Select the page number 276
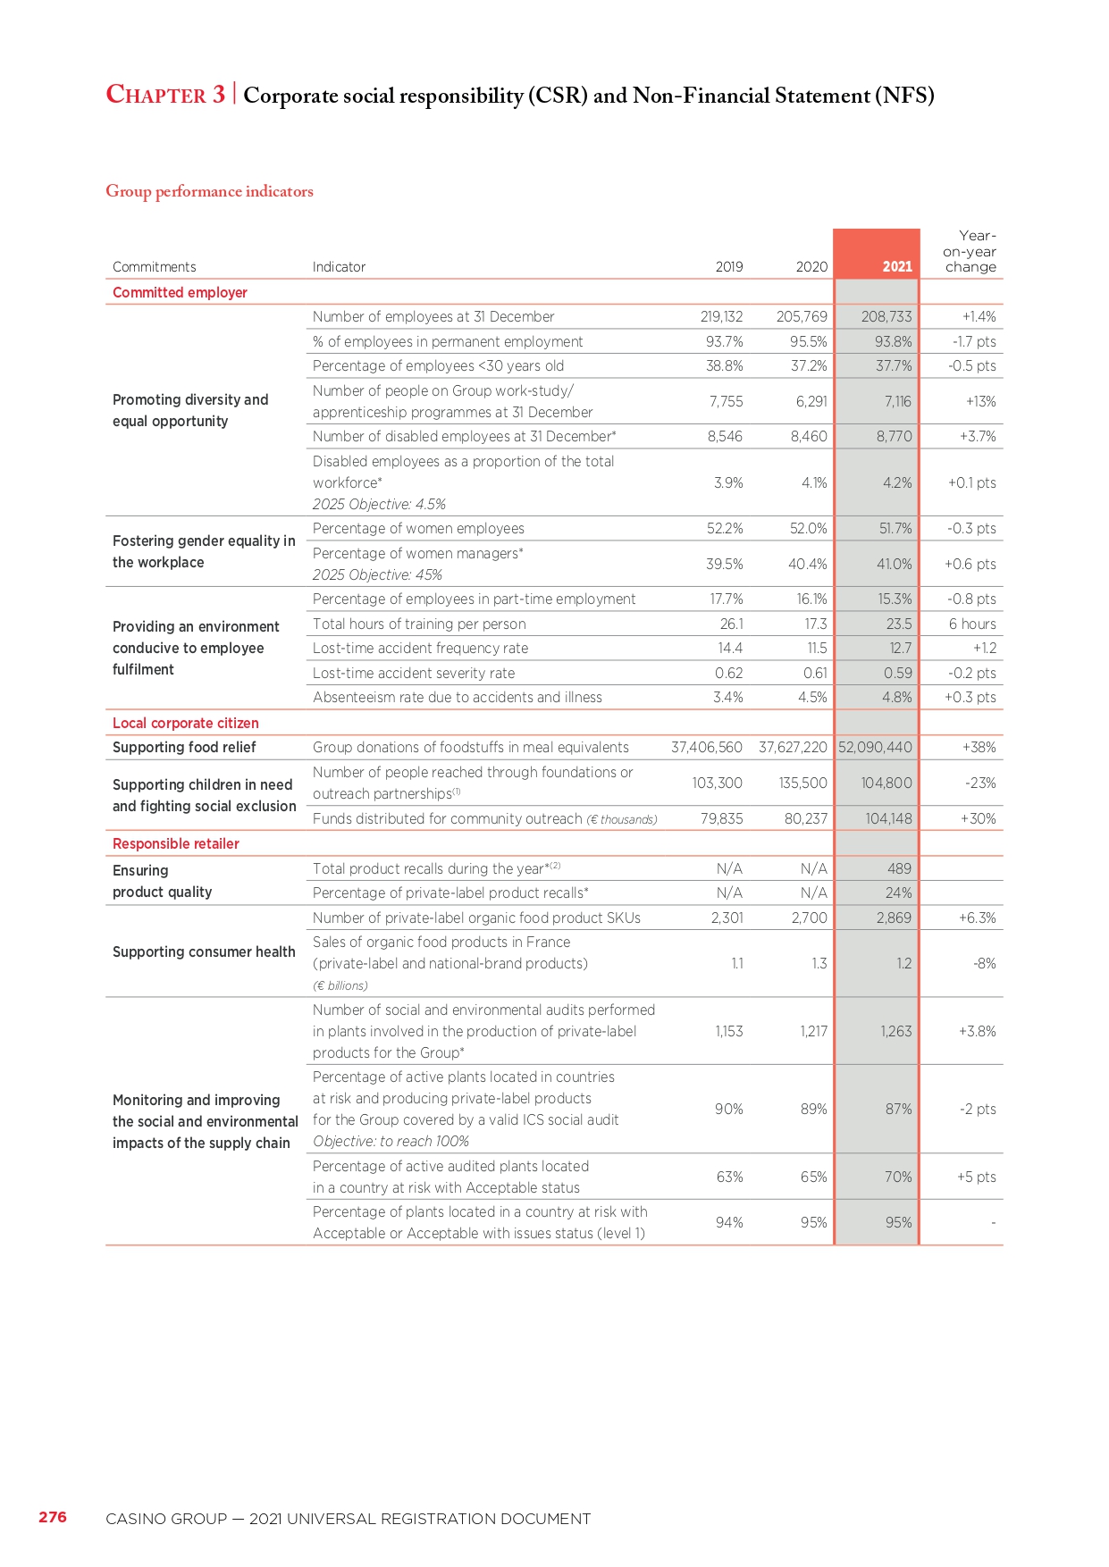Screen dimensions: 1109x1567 53,1517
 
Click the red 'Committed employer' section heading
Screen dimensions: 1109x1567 180,292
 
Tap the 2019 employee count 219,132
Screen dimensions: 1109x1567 721,316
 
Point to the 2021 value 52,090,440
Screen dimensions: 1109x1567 875,747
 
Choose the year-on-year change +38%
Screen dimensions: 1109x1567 979,747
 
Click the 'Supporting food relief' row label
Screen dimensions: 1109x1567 184,747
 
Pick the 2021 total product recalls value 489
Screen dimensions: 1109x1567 899,868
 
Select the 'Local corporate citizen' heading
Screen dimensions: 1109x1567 186,723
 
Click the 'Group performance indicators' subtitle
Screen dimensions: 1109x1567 209,191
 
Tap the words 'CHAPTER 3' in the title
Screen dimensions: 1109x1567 165,95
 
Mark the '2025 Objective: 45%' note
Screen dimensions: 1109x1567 377,574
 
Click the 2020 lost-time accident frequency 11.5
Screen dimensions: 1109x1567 817,648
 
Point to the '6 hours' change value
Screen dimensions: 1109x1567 972,624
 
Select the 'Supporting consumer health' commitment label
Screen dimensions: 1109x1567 204,951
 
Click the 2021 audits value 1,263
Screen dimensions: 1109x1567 896,1031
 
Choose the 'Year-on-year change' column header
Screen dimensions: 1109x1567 970,251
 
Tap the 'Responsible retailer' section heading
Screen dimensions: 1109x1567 176,843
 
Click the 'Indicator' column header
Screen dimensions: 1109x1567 339,266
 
